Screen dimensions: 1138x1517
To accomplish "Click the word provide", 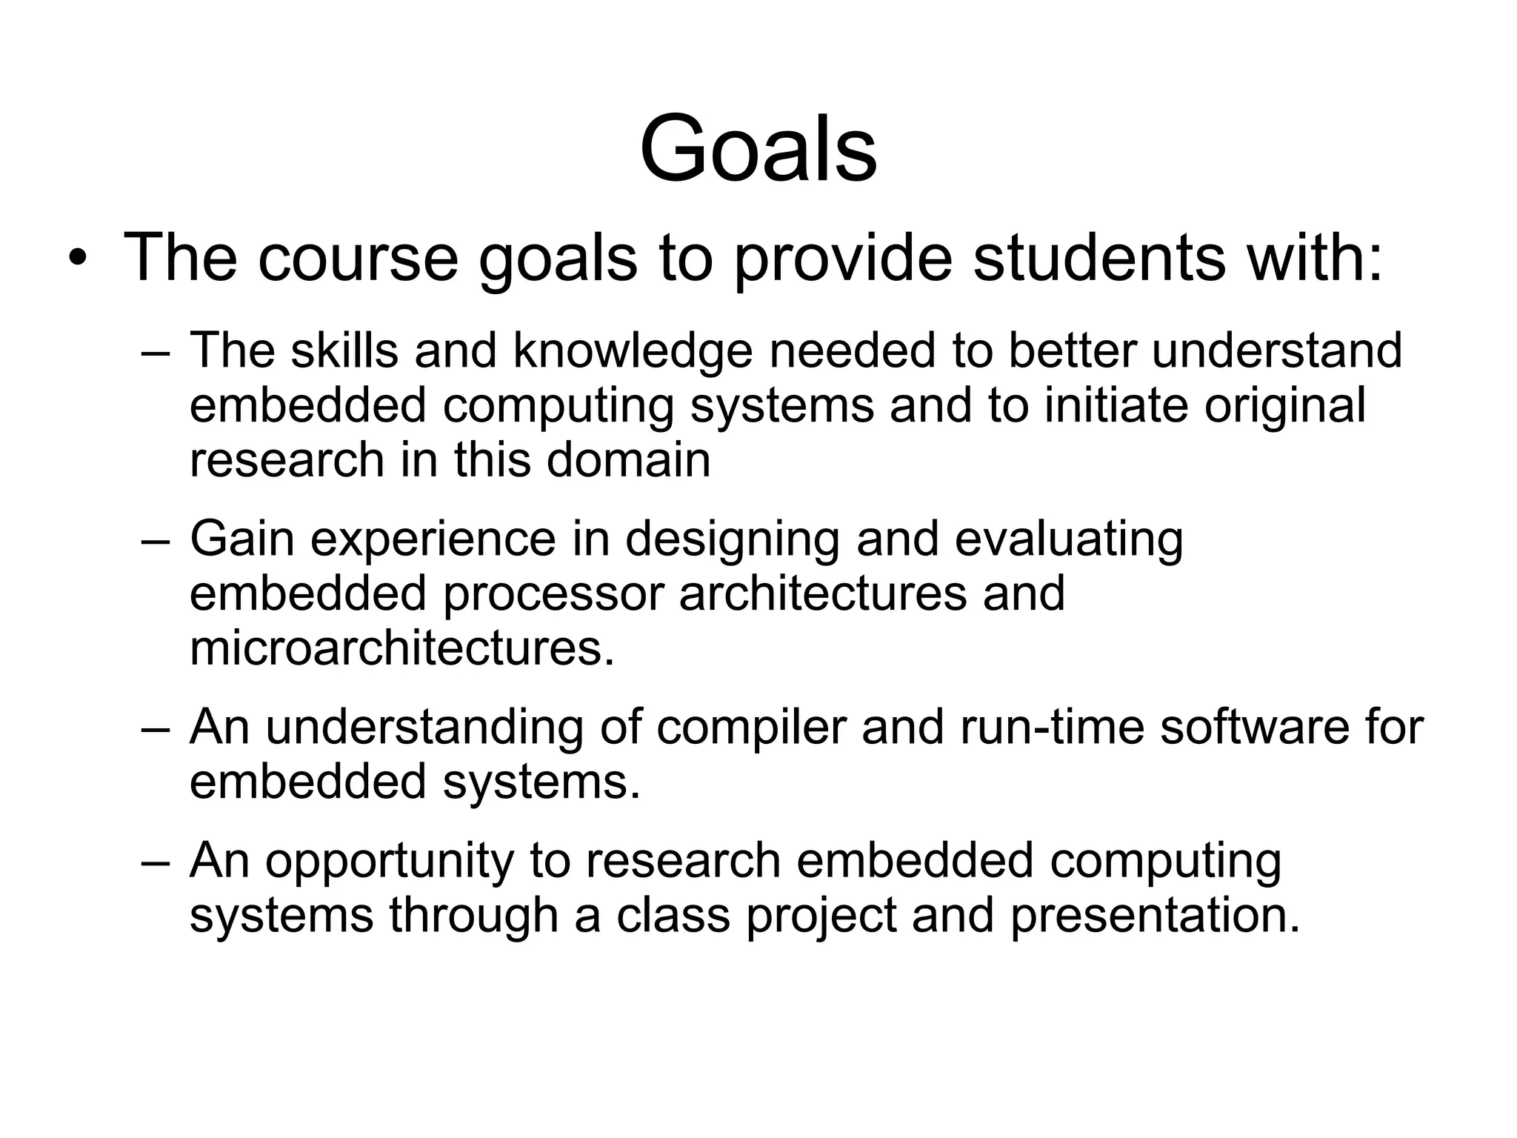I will point(842,259).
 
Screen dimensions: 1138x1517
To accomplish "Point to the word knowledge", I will point(633,351).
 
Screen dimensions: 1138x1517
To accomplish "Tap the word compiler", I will point(750,728).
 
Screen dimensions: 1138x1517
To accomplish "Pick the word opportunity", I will point(390,862).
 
